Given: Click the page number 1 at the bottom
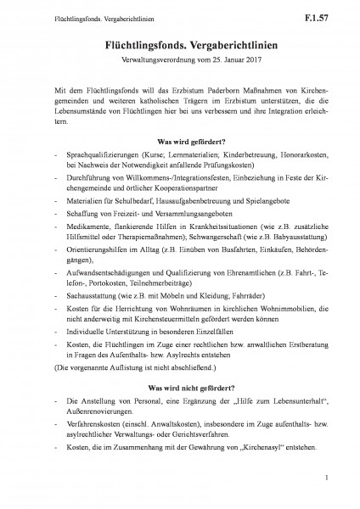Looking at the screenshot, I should [325, 486].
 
